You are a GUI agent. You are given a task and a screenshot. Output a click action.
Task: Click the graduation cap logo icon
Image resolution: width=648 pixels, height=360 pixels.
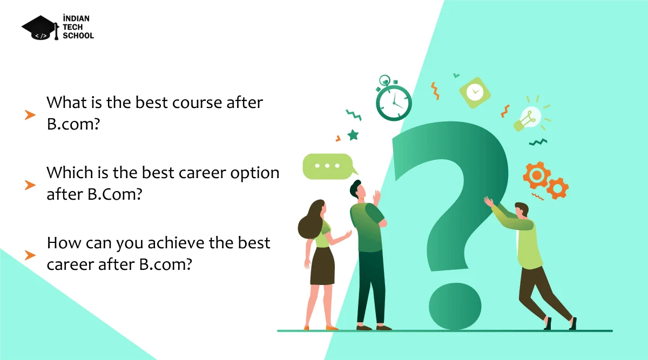[x=40, y=28]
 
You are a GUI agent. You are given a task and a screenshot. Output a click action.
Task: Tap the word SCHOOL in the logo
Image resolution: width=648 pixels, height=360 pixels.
[x=78, y=36]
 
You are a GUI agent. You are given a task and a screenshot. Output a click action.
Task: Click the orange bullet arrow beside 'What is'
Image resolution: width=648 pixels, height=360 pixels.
[x=30, y=115]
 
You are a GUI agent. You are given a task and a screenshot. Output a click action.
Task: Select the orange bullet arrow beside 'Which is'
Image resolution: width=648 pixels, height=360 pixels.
[x=30, y=185]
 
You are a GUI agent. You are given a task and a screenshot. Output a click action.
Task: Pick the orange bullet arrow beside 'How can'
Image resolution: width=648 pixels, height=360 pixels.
[x=30, y=255]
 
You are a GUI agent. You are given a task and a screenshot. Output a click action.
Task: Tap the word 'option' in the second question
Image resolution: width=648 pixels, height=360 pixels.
[x=254, y=173]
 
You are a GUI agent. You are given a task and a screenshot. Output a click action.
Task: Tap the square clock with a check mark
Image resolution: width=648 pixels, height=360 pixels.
[x=475, y=93]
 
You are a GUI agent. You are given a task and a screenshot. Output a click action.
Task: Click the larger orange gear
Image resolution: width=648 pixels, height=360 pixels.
[x=537, y=175]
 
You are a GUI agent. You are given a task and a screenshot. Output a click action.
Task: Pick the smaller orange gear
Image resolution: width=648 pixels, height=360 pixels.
[x=557, y=188]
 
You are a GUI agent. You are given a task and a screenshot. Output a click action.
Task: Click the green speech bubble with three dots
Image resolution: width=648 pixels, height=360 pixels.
[x=329, y=166]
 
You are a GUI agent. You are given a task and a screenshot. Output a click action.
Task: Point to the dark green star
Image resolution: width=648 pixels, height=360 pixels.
[x=353, y=135]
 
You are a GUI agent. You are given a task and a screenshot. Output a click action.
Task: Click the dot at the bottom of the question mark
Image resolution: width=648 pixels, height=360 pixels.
[x=455, y=307]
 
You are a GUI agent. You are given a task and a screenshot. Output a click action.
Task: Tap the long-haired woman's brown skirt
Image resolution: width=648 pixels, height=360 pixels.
[x=322, y=266]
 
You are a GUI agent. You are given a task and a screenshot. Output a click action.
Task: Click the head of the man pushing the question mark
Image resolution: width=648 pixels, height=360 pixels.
[x=522, y=210]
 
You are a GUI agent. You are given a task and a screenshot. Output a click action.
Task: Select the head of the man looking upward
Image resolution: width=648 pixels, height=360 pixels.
[x=357, y=189]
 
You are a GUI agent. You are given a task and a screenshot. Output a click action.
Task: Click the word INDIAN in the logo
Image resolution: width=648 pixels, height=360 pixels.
[x=76, y=18]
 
